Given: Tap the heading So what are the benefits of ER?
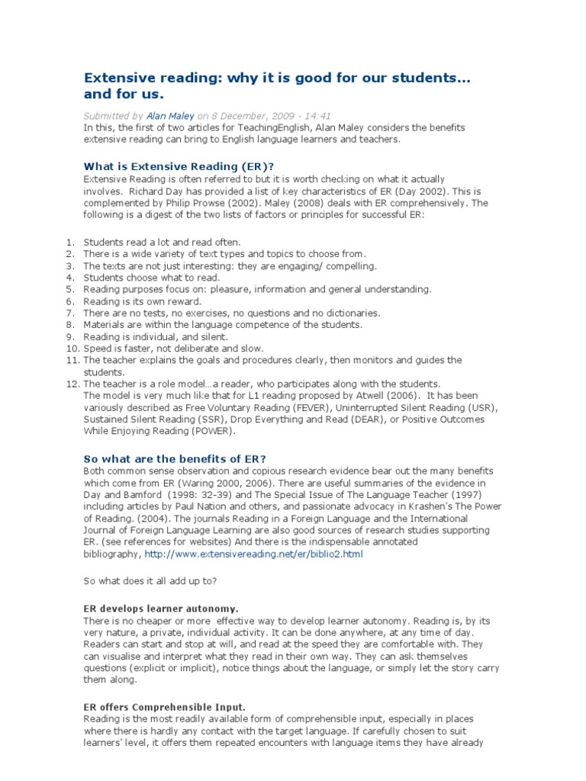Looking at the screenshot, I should tap(174, 458).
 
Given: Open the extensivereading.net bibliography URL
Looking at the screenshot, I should tap(254, 554).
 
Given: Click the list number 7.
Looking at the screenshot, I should tap(69, 313).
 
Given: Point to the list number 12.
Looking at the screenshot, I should tap(69, 384).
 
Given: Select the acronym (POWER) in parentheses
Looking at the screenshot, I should tap(215, 431).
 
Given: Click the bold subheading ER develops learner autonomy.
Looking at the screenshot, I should tap(160, 609).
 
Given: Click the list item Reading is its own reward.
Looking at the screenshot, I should tap(143, 301).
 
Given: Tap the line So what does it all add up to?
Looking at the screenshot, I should tap(150, 581).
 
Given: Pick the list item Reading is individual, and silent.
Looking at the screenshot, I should tap(156, 336).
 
